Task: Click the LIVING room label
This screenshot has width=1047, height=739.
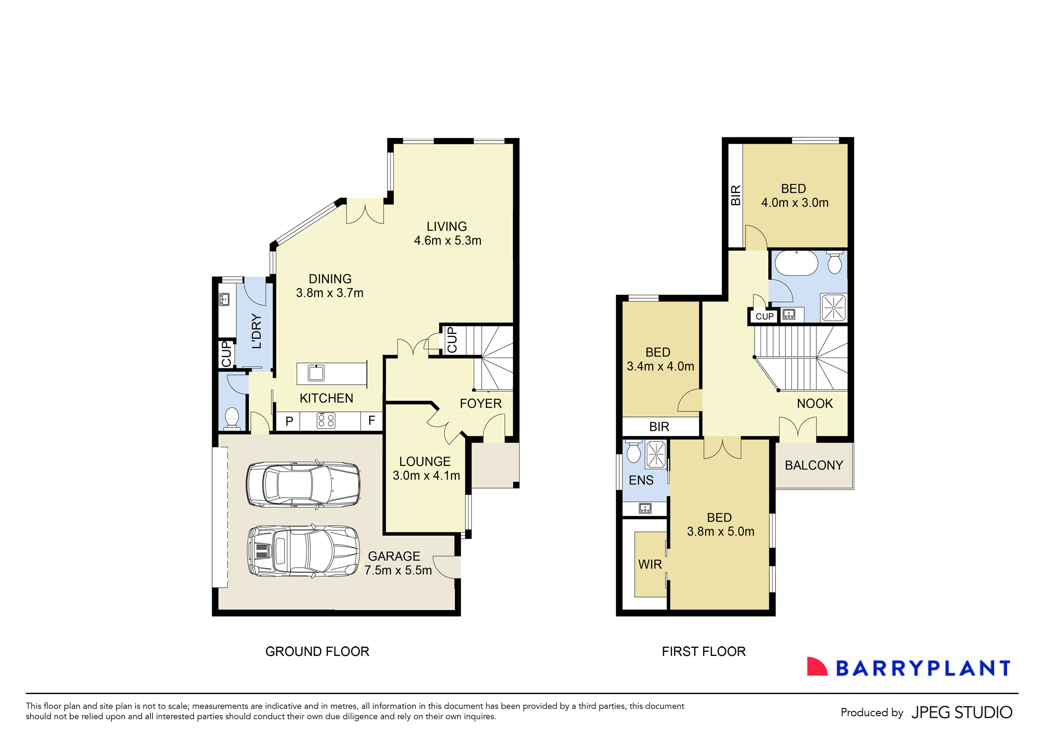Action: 446,227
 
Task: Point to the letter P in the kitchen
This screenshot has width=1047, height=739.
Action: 289,421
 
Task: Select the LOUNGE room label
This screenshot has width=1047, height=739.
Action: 424,461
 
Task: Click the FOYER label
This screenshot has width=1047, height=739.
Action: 480,403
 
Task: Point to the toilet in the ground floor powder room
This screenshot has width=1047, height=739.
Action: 232,418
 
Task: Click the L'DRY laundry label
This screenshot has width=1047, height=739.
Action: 257,331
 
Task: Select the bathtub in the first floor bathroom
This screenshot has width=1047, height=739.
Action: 797,263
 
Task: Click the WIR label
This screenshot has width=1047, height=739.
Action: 650,564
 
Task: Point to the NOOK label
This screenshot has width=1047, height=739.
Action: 814,403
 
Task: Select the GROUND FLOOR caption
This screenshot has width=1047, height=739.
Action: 317,652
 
